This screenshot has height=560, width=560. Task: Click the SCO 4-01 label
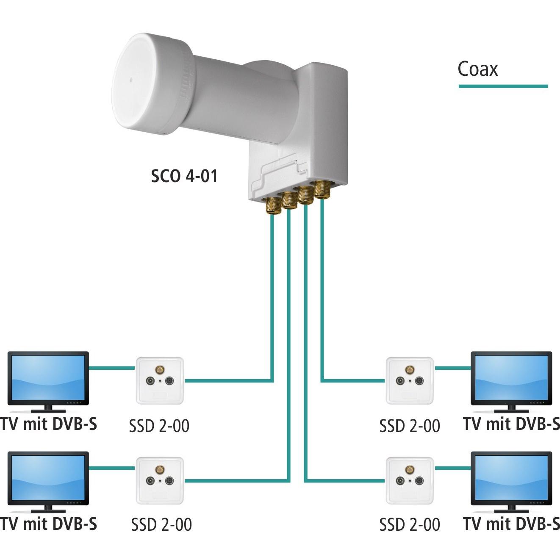click(184, 176)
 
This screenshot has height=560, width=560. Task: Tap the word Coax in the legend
click(477, 69)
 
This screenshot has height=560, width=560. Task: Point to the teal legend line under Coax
click(503, 86)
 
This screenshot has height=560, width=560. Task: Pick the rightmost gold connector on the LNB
click(322, 189)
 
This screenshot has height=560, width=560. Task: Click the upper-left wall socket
click(160, 380)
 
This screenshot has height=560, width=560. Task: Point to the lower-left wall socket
click(160, 480)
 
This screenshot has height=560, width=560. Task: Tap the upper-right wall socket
click(410, 380)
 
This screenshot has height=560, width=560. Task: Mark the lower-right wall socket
click(410, 480)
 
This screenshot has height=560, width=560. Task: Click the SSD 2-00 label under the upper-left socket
click(159, 426)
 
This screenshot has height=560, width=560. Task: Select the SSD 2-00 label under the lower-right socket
click(410, 525)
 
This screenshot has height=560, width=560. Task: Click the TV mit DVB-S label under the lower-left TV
click(48, 524)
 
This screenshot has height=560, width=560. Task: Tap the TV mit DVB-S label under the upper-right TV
click(511, 424)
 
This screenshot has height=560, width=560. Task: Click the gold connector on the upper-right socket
click(410, 370)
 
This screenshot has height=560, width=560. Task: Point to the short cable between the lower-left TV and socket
click(112, 468)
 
